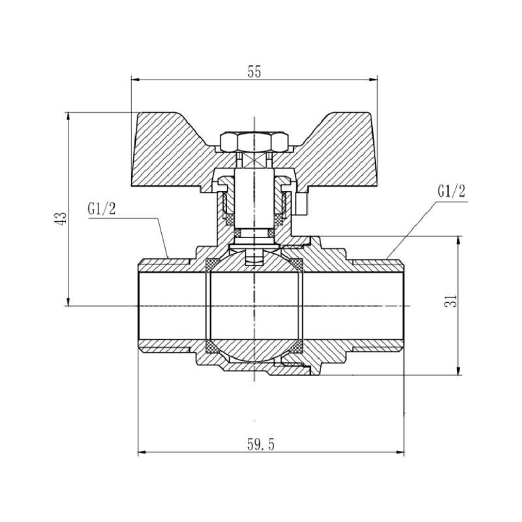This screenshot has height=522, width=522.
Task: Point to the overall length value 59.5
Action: (x=261, y=445)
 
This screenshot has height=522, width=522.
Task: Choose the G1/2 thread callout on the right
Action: (x=452, y=191)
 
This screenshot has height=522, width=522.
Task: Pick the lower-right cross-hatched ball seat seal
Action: (x=297, y=345)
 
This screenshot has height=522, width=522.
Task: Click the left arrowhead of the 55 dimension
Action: (x=134, y=80)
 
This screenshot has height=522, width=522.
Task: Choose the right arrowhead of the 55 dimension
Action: (x=375, y=80)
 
